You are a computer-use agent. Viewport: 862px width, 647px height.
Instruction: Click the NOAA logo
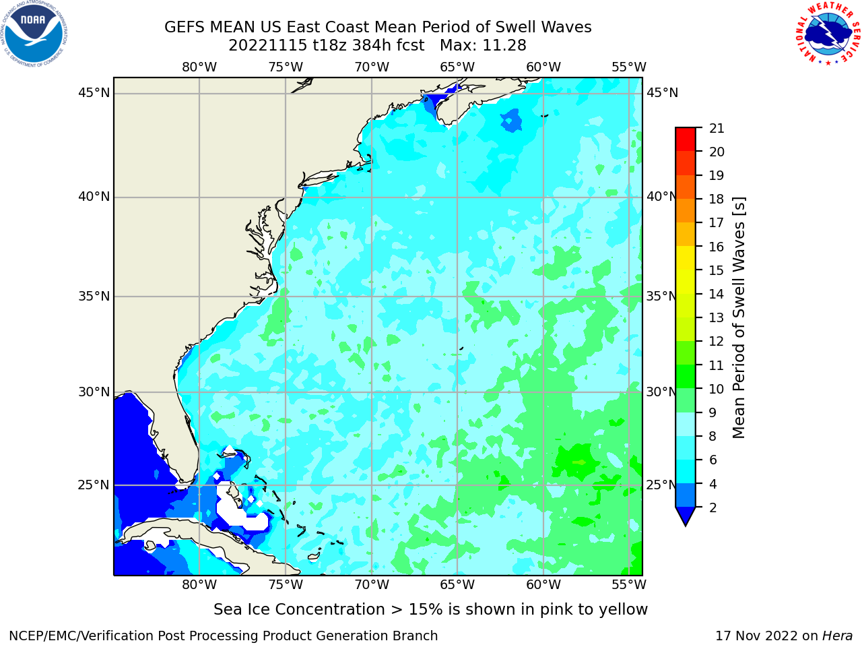click(34, 34)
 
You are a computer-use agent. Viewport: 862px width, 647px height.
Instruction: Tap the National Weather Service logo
click(828, 34)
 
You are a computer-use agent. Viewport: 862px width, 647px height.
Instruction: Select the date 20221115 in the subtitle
click(267, 46)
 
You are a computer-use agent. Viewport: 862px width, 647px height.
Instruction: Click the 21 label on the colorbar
click(717, 129)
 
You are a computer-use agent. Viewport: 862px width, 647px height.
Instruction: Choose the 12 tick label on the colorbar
click(717, 342)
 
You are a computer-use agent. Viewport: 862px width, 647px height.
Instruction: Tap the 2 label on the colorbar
click(713, 507)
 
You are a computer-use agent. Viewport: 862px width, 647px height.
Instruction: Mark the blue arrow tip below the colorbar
click(686, 525)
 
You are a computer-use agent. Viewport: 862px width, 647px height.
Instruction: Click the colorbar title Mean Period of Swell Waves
click(739, 318)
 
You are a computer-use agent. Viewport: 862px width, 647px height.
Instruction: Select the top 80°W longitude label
click(199, 67)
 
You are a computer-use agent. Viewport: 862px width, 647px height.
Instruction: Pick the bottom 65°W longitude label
click(457, 584)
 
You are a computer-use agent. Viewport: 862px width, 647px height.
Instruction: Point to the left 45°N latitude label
click(94, 93)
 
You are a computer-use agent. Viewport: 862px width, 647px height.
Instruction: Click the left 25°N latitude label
click(94, 485)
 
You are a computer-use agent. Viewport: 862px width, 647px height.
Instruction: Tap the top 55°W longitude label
click(629, 67)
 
